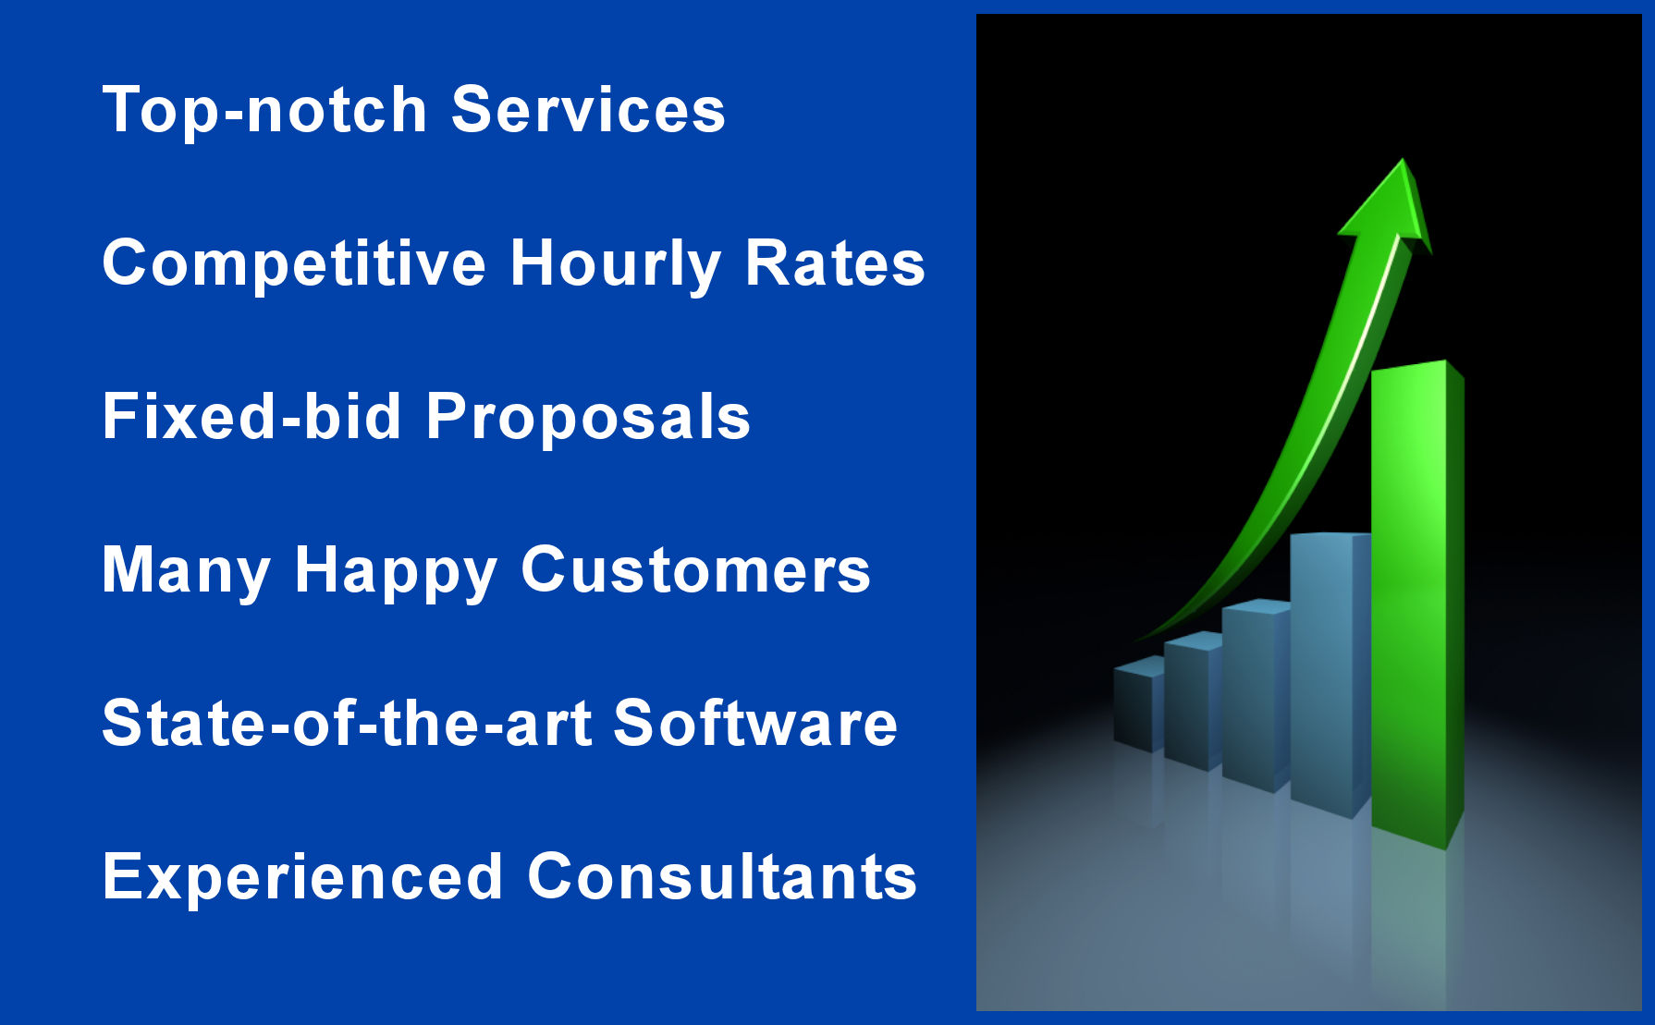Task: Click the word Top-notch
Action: (x=264, y=111)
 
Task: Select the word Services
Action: (x=588, y=111)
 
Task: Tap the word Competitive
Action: (x=294, y=264)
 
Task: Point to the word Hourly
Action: (x=615, y=264)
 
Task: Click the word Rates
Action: (x=835, y=264)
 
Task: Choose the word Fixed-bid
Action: (x=251, y=418)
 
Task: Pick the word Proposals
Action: (x=588, y=418)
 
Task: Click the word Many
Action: (x=186, y=571)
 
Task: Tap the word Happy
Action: (x=396, y=571)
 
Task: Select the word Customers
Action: (x=695, y=571)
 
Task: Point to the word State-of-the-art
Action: (x=346, y=724)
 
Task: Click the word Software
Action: (x=754, y=724)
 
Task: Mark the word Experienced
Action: (x=302, y=877)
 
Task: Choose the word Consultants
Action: (x=722, y=877)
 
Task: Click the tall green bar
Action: (x=1410, y=601)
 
